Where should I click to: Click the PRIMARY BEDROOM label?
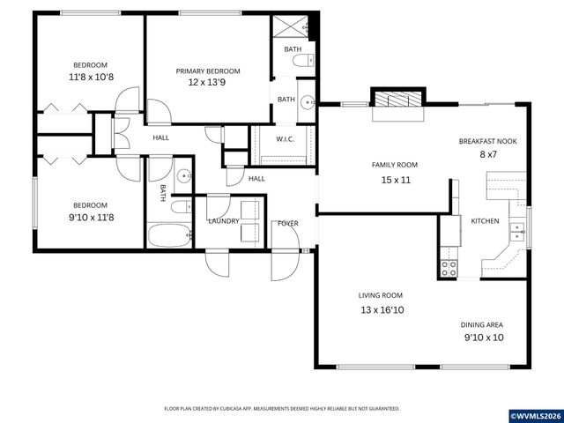point(208,71)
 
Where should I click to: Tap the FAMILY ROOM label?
point(395,165)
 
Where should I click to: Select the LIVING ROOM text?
point(380,295)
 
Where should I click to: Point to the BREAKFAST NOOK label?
point(487,141)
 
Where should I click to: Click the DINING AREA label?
point(483,324)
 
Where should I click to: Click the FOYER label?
point(287,224)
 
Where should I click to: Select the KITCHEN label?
point(485,220)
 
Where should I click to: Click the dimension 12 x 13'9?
point(208,83)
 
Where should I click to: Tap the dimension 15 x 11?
point(396,180)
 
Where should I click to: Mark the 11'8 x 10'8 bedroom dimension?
point(90,78)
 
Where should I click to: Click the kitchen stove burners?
point(449,266)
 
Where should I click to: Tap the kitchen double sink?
point(517,231)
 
